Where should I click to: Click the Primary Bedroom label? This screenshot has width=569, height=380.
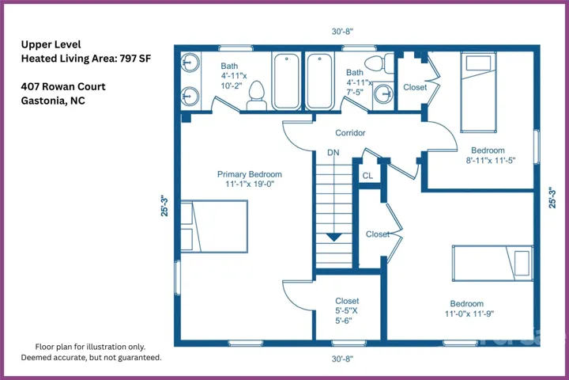point(250,174)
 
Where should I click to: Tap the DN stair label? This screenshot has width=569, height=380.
point(333,153)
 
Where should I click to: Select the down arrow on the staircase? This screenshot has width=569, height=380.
point(333,237)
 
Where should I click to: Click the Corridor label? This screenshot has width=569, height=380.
point(350,133)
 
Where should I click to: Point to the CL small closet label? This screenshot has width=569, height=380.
point(367,176)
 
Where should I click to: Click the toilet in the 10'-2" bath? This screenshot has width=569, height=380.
point(257,95)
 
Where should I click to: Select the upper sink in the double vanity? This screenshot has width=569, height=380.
point(190,63)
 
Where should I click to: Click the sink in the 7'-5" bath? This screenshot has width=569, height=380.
point(383,94)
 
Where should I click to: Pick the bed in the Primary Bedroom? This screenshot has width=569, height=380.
point(214,226)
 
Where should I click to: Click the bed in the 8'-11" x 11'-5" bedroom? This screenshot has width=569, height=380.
point(478,93)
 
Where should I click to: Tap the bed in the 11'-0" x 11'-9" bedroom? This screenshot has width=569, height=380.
point(492,264)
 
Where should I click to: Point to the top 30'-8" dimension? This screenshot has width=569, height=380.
point(342,32)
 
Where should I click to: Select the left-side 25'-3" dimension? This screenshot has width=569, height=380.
point(164,206)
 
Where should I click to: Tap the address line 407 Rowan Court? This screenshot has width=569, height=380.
point(63,86)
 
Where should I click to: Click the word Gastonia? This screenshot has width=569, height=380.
point(44,101)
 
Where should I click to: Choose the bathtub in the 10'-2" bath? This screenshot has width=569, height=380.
point(287,81)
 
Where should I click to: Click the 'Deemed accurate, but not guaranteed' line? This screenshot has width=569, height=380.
point(91,358)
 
